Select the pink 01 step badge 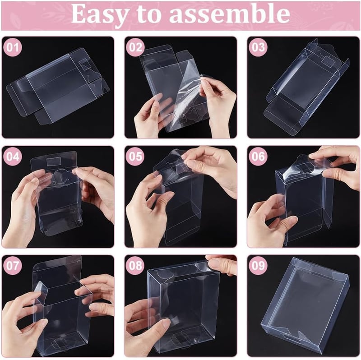13,47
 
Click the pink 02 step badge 135,47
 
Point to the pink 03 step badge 258,47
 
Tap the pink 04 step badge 13,157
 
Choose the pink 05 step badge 135,157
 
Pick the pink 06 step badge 258,157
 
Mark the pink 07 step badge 13,266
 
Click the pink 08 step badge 135,266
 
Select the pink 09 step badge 258,266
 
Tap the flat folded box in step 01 58,86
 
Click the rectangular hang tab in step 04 53,162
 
